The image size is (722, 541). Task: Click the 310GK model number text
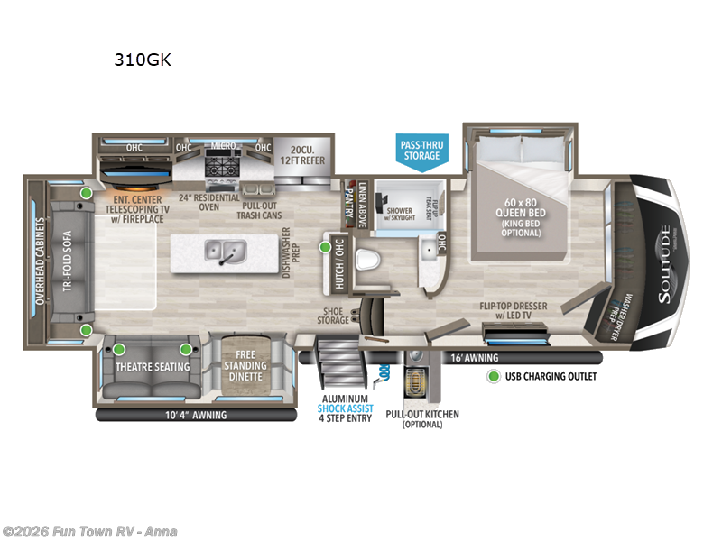[x=142, y=60]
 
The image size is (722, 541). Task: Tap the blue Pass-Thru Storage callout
[x=421, y=150]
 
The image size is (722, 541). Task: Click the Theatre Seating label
[x=153, y=366]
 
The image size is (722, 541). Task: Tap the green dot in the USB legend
[x=494, y=376]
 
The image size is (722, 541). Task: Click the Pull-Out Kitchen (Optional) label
[x=421, y=419]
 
